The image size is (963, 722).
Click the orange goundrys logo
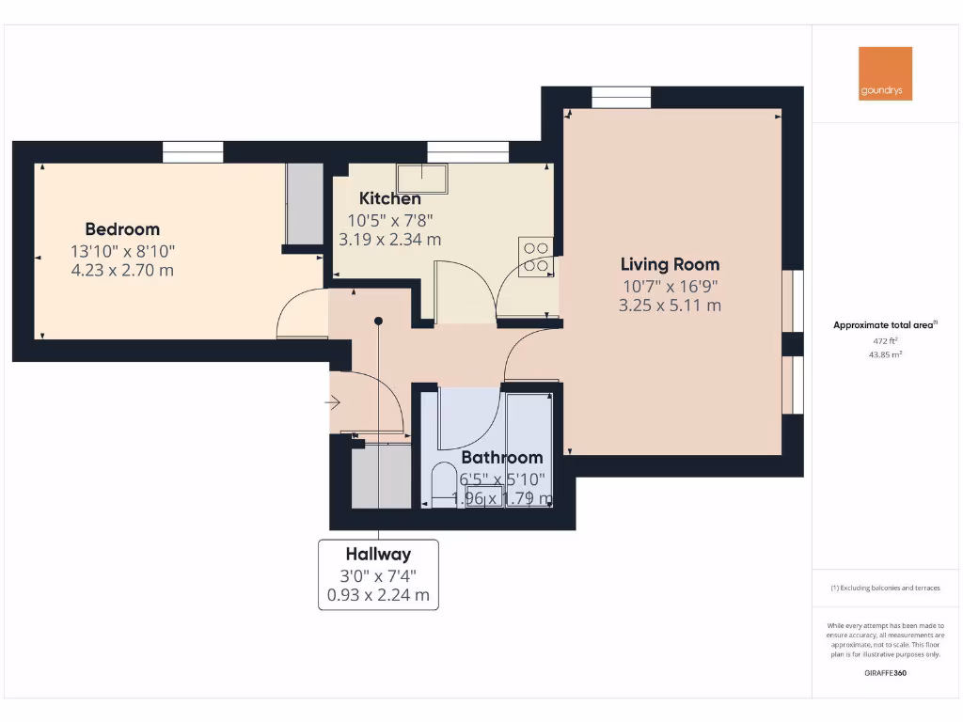click(x=885, y=73)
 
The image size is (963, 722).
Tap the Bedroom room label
click(x=122, y=229)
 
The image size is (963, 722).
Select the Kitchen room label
click(x=390, y=198)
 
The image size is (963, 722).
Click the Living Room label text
click(x=670, y=264)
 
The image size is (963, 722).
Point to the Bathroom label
click(x=501, y=458)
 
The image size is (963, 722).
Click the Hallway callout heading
click(x=378, y=554)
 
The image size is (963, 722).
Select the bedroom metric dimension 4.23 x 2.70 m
click(x=122, y=271)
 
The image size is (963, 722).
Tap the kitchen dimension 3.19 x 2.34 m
click(x=390, y=240)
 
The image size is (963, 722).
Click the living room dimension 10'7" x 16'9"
click(x=670, y=286)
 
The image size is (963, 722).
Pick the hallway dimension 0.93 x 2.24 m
click(x=378, y=595)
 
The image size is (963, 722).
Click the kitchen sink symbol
click(x=422, y=178)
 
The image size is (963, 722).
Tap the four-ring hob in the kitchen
click(x=536, y=257)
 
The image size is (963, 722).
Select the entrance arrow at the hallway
click(x=333, y=402)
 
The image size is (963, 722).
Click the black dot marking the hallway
click(x=378, y=321)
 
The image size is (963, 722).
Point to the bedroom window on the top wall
click(x=193, y=151)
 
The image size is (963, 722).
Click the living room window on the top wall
click(x=621, y=98)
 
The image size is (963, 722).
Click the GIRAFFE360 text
click(x=884, y=673)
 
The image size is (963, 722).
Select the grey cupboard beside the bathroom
click(x=381, y=477)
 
